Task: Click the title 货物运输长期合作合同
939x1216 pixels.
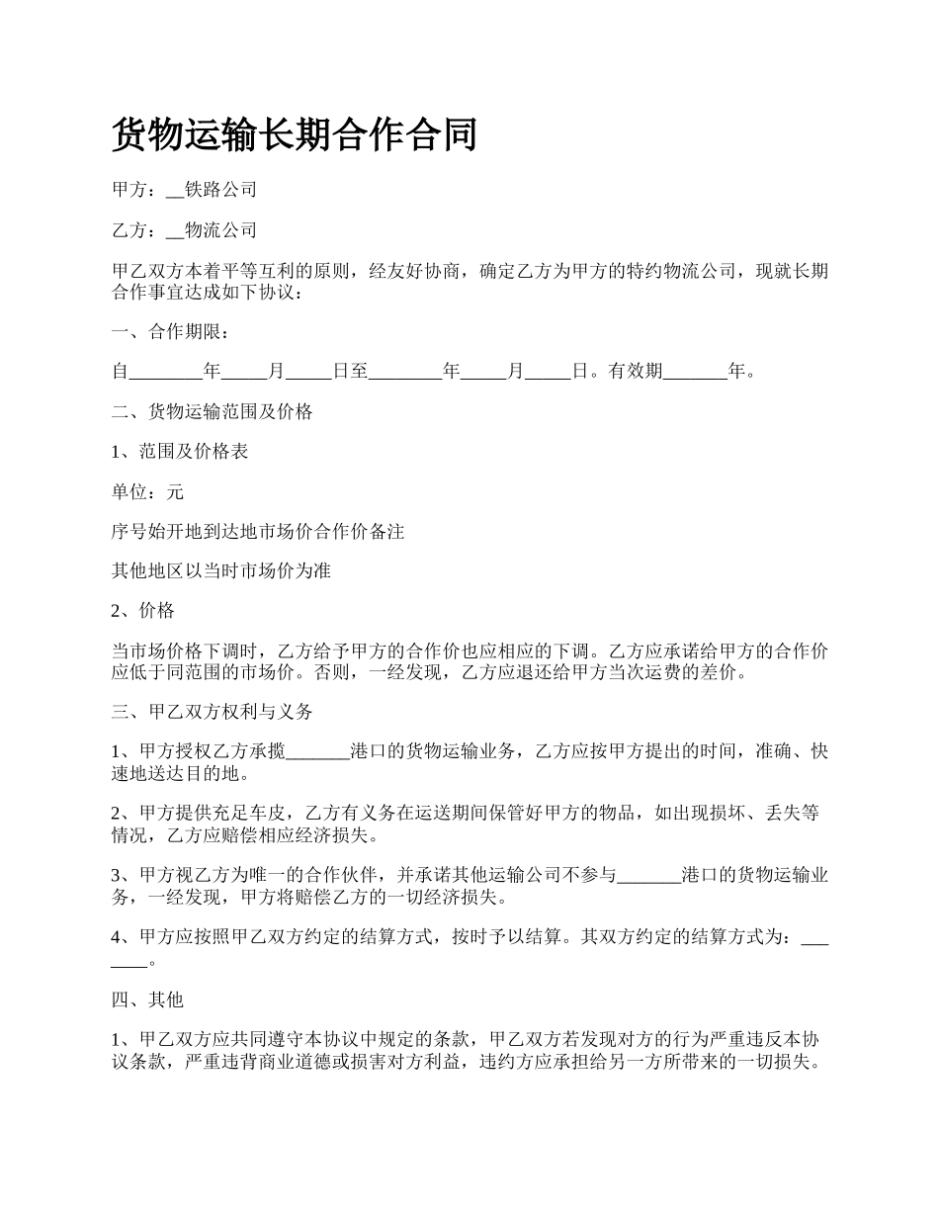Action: (x=295, y=133)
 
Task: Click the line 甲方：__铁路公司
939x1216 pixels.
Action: (x=185, y=190)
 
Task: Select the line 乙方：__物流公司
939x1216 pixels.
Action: (x=185, y=230)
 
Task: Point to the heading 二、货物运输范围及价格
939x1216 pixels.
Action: (x=213, y=412)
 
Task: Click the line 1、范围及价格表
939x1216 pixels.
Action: (x=180, y=452)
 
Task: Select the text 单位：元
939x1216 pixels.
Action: (x=148, y=492)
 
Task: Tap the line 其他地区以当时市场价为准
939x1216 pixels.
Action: (x=221, y=571)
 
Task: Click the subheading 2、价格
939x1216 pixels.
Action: (x=143, y=611)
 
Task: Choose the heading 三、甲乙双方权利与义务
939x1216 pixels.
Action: (x=213, y=712)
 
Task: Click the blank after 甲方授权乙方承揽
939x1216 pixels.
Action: (x=317, y=752)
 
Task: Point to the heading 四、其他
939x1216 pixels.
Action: (x=148, y=1000)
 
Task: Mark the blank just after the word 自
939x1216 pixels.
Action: (x=165, y=373)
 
